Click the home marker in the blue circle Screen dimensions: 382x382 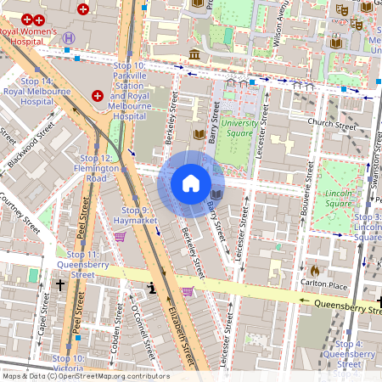pyautogui.click(x=191, y=183)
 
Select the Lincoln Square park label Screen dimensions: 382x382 pyautogui.click(x=340, y=199)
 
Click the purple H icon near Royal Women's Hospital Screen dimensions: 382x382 pyautogui.click(x=68, y=37)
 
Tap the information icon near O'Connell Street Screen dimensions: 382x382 pyautogui.click(x=152, y=289)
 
